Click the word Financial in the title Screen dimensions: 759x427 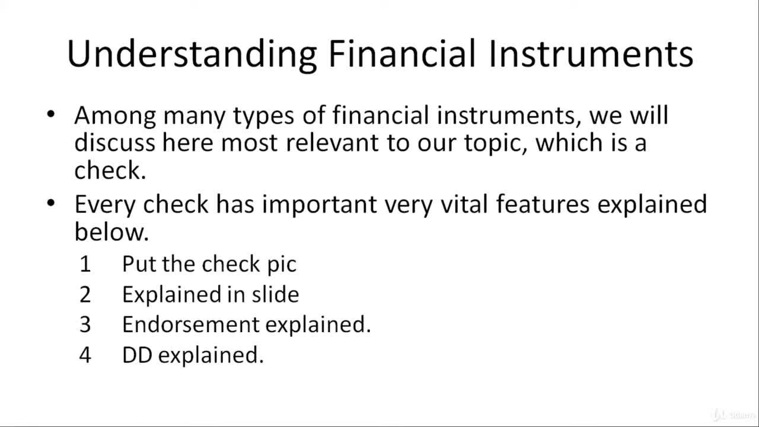click(402, 53)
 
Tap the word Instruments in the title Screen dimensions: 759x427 click(591, 53)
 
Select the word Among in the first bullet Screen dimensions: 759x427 click(115, 116)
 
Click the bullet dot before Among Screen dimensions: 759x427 click(51, 114)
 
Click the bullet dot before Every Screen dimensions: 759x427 click(51, 203)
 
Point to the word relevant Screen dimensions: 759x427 click(332, 142)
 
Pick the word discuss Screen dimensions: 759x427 click(115, 142)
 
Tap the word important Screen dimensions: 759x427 click(320, 205)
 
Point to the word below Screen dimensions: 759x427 click(111, 231)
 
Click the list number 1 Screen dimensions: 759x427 click(85, 264)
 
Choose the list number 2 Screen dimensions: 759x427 click(85, 294)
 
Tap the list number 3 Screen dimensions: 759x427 click(85, 324)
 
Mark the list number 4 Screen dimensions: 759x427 click(85, 355)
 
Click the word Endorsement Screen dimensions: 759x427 click(191, 324)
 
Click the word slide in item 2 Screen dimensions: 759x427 click(276, 294)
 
